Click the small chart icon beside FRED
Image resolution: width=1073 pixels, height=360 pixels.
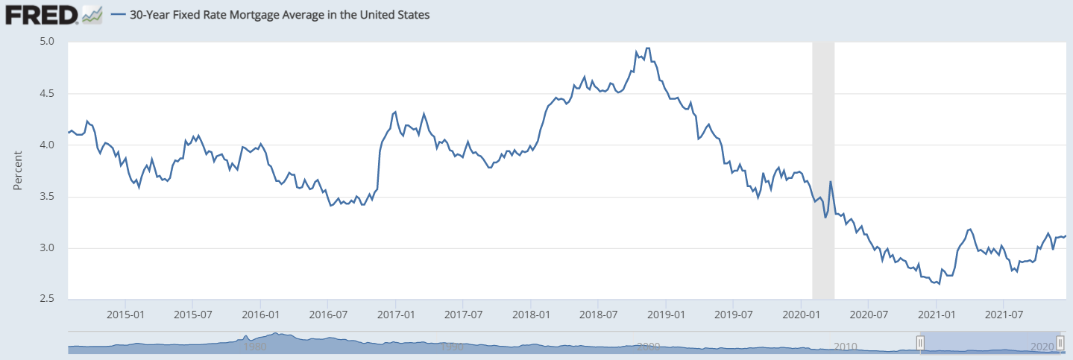tap(92, 14)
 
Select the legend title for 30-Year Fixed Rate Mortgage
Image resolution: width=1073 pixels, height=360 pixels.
tap(280, 14)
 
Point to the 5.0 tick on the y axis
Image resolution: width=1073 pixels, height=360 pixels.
tap(48, 42)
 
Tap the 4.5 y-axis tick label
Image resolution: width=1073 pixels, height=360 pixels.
tap(48, 93)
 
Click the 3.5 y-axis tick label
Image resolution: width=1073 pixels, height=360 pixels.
tap(48, 197)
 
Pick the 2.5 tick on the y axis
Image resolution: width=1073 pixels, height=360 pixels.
tap(48, 300)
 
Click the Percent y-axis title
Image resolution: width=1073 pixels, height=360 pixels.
tap(18, 170)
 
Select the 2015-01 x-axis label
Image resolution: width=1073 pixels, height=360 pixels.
tap(125, 314)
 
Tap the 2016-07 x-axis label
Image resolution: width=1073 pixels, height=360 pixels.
tap(328, 314)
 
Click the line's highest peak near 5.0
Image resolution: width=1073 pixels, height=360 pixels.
tap(647, 48)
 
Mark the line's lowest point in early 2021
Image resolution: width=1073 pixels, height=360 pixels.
tap(939, 284)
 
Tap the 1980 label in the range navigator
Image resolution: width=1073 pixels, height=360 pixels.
tap(255, 347)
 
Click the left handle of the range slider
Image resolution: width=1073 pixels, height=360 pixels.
tap(920, 342)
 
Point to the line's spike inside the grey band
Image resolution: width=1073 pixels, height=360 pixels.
tap(830, 182)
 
